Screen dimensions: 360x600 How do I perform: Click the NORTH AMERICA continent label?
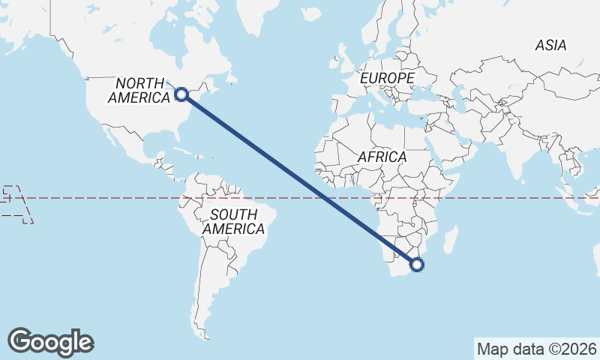[139, 90]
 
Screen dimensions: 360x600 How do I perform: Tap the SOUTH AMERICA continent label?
[233, 222]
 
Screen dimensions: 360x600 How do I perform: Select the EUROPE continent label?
[386, 78]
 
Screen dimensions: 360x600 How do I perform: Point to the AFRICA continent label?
[382, 157]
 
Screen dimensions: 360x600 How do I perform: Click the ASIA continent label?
[550, 46]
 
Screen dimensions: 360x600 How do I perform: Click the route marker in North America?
[181, 94]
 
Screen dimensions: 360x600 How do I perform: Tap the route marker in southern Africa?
[417, 264]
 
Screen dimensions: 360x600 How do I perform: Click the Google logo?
[50, 341]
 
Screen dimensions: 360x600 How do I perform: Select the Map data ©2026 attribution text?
[536, 349]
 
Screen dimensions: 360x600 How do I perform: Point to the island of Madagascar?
[452, 242]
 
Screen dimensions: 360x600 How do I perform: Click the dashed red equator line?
[112, 198]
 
